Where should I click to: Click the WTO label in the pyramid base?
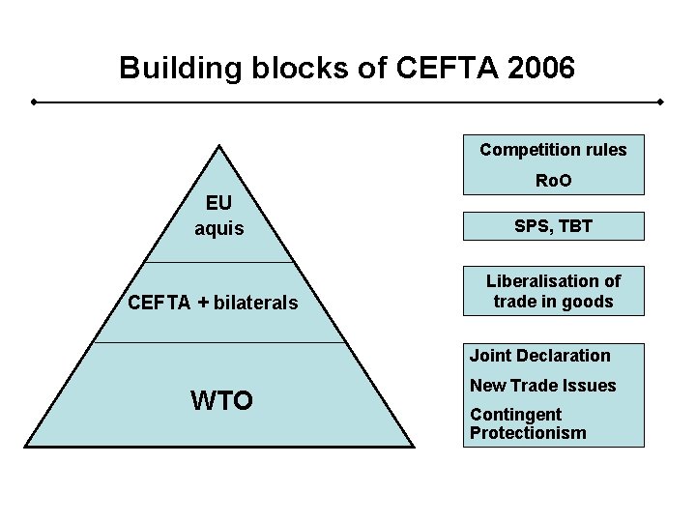(x=221, y=399)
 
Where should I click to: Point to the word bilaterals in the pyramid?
(x=255, y=304)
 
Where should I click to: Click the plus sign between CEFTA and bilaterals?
(x=203, y=304)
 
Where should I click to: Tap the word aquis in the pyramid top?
(x=219, y=229)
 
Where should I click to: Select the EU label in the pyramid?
(x=219, y=205)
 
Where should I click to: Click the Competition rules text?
(x=553, y=150)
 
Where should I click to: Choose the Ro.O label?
(x=553, y=181)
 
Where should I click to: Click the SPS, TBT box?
(x=553, y=226)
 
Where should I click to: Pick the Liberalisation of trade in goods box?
(x=553, y=291)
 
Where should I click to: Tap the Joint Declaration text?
(x=540, y=356)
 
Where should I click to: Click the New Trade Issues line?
(x=542, y=386)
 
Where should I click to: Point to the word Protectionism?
(x=528, y=433)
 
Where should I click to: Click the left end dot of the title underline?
(x=34, y=101)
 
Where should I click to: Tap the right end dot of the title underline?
(x=660, y=101)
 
